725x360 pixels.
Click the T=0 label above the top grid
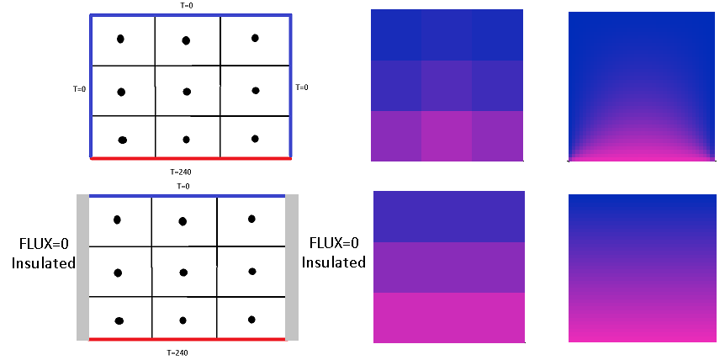(188, 5)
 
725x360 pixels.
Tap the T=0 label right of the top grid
(302, 87)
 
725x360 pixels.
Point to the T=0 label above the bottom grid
(183, 186)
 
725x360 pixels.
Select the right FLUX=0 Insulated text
(334, 252)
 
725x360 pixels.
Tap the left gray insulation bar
(82, 267)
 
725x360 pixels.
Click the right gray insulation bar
(293, 267)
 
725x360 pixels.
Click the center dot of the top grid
(187, 91)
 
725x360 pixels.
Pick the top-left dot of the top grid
(120, 39)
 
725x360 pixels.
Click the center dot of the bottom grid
(183, 272)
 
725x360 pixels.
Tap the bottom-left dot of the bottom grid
(119, 320)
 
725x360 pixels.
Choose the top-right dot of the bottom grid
(251, 219)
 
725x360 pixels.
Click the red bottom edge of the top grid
(189, 158)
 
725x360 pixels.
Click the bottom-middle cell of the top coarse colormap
(447, 135)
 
